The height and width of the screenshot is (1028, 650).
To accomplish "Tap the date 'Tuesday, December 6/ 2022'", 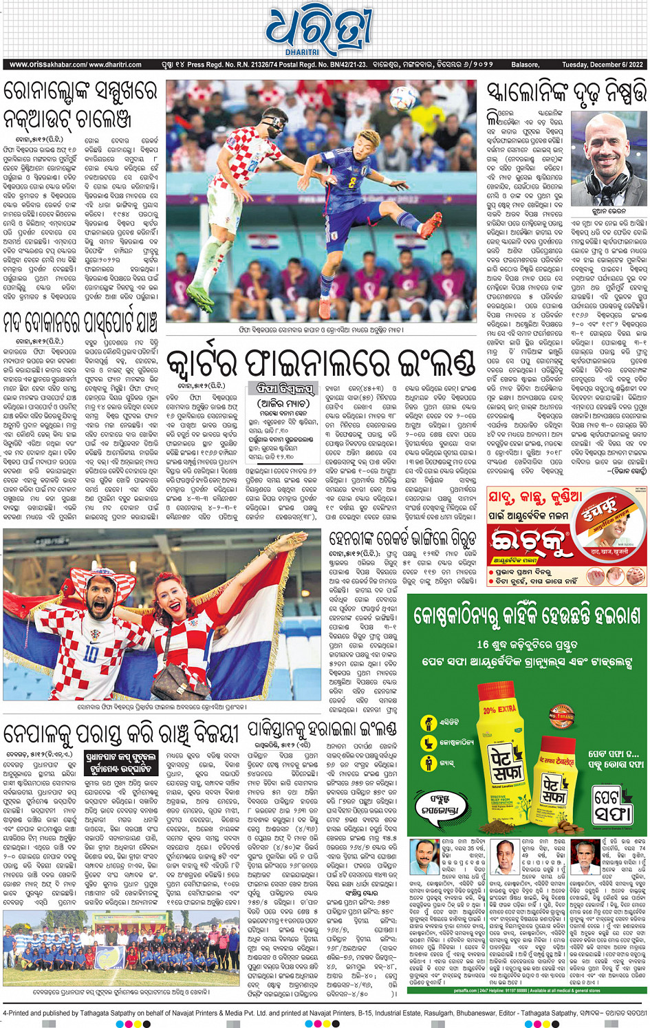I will pos(602,65).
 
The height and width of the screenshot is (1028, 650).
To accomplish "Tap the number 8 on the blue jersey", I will pos(353,184).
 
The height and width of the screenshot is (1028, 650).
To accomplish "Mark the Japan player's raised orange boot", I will pos(433,227).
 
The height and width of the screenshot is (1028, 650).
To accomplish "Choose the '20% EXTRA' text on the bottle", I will pos(500,709).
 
